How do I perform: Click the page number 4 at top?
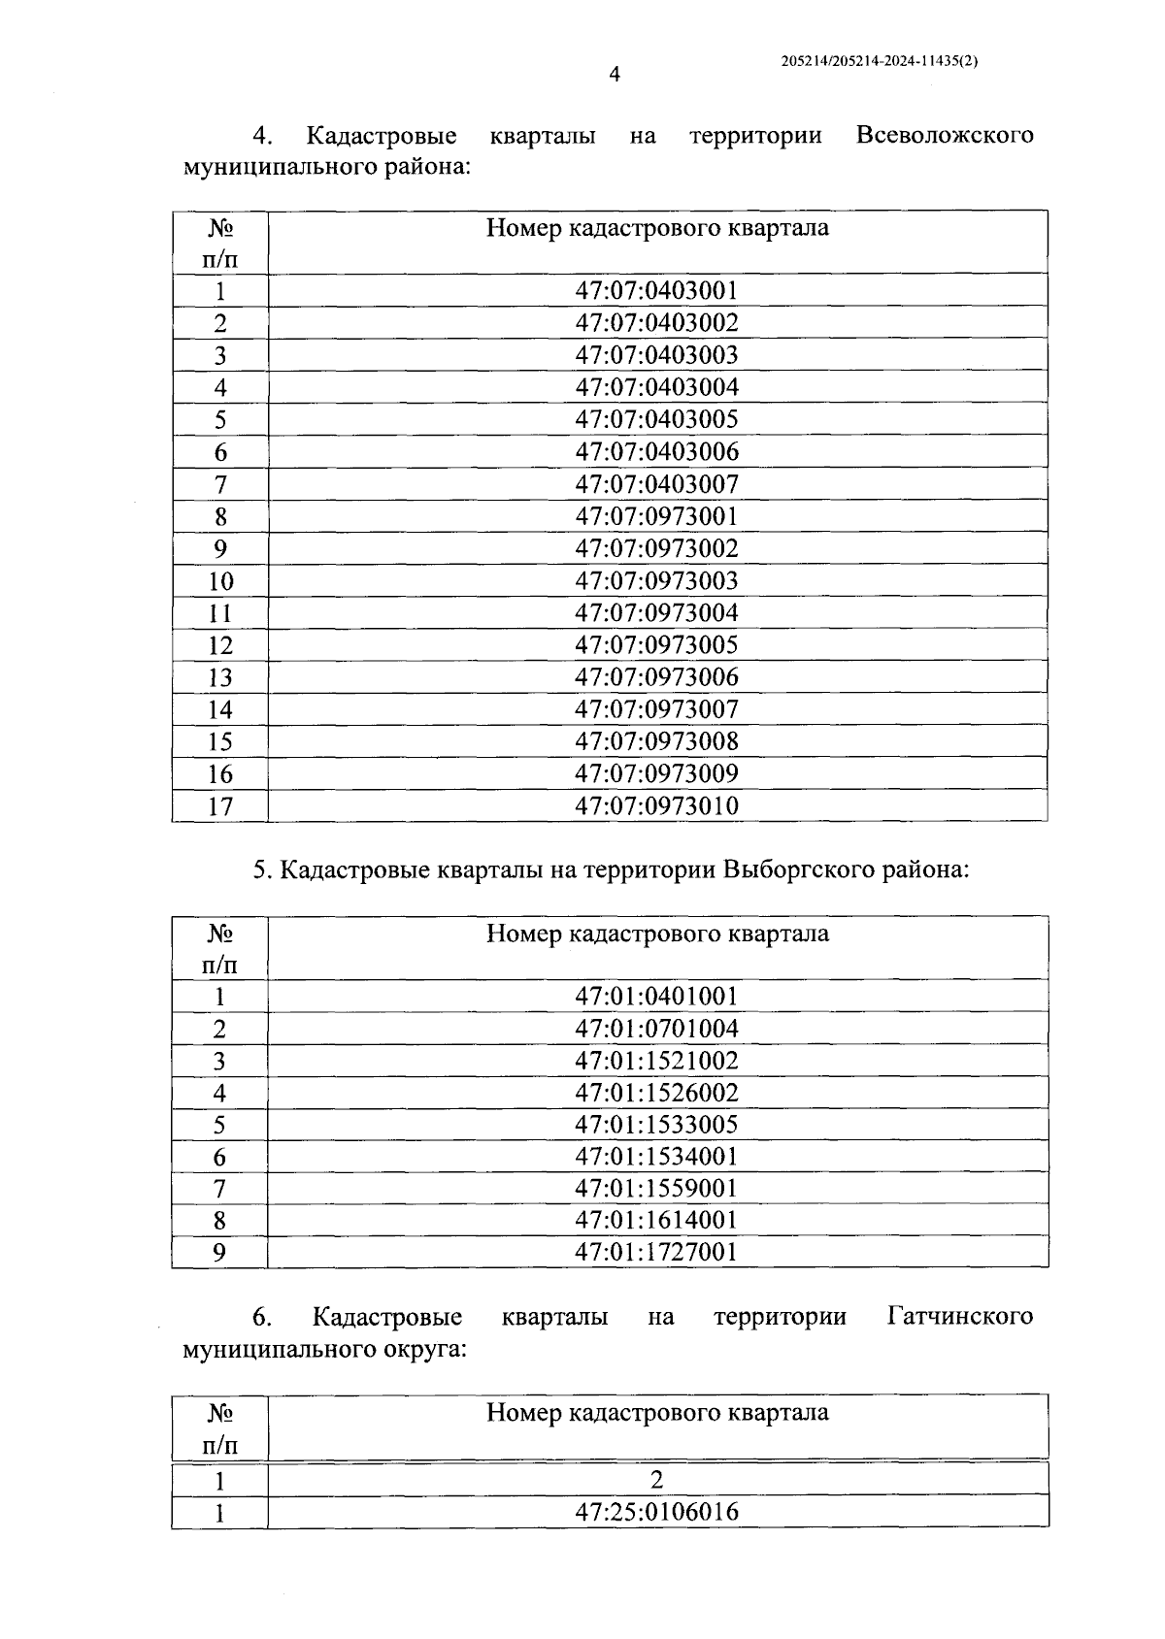point(614,75)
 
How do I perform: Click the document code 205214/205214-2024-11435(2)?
point(879,60)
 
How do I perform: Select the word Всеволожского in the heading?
point(944,135)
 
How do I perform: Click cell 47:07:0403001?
point(656,290)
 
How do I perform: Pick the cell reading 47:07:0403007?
point(656,483)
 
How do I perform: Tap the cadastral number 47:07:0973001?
point(656,515)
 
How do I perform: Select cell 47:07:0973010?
point(656,805)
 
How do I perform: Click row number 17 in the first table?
point(220,806)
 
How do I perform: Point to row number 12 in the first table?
point(220,645)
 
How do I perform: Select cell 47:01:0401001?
point(656,996)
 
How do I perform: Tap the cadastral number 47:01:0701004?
point(656,1028)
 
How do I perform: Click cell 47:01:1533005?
point(656,1124)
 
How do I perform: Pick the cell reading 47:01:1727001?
point(656,1252)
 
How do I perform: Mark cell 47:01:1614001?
point(656,1220)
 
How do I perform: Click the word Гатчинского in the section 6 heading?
point(959,1317)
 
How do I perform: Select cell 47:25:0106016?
point(656,1512)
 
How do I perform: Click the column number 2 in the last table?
point(657,1480)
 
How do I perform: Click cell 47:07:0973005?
point(656,644)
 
